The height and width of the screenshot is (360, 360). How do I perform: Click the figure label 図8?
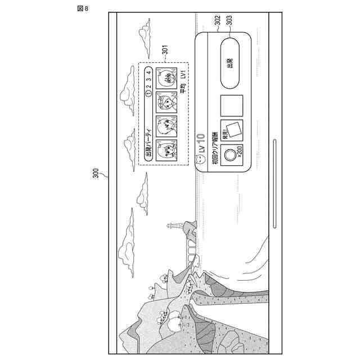(83, 8)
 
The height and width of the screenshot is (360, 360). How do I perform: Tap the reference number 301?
(165, 51)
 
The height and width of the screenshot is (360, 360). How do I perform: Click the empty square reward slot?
(231, 105)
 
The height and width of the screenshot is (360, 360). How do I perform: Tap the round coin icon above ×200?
(231, 154)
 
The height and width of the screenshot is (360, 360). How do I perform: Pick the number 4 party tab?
(148, 73)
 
